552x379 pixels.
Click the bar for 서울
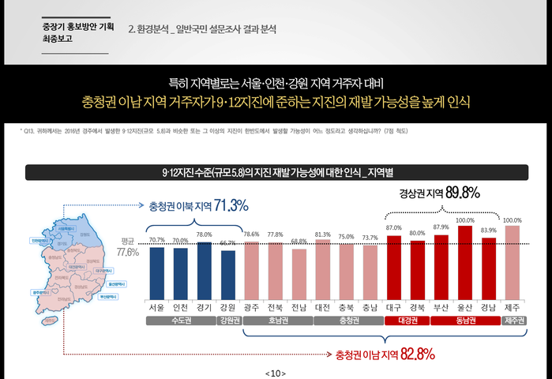[157, 271]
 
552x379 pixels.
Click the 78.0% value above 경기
[204, 235]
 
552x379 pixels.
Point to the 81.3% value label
[322, 235]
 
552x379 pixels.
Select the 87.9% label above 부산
[441, 227]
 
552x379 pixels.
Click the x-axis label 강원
[227, 306]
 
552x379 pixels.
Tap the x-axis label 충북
[346, 306]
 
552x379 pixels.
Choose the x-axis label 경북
[417, 306]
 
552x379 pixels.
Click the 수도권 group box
[180, 321]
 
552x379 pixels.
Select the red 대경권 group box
[406, 321]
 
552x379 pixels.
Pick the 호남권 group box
[276, 321]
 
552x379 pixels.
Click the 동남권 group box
[464, 321]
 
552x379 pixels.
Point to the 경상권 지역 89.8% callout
[439, 192]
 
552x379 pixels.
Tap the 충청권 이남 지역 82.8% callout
[385, 355]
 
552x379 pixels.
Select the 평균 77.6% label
[127, 248]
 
